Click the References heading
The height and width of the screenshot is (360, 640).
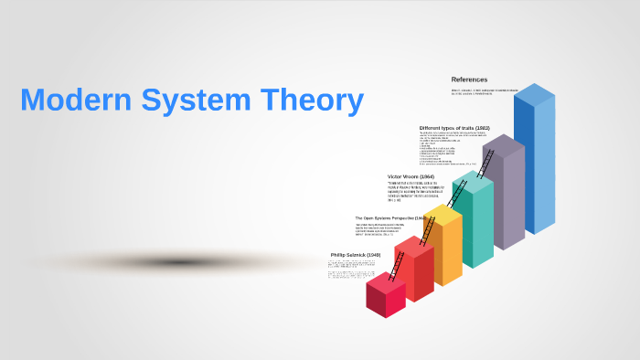pos(469,79)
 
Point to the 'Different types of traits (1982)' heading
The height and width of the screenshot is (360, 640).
pos(454,128)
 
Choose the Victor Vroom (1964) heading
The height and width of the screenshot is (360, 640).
pos(411,175)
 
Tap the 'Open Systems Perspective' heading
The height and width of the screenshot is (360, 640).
pos(389,218)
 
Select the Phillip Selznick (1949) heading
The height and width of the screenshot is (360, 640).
pos(352,255)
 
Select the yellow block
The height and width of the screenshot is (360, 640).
pos(444,247)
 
